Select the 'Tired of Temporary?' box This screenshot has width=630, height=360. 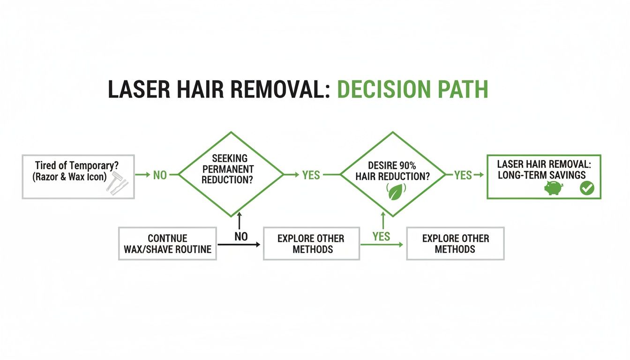78,176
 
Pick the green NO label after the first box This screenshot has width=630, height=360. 160,175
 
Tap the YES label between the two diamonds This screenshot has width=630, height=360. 311,175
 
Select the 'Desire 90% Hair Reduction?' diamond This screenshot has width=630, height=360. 392,174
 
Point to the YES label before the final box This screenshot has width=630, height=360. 463,175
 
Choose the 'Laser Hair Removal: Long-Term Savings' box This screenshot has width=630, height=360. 544,176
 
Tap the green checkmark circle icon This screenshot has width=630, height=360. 586,188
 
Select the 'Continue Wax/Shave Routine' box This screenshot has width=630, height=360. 168,244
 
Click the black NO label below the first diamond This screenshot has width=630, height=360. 241,237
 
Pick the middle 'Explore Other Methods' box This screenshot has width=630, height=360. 311,244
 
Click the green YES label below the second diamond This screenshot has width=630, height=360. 381,237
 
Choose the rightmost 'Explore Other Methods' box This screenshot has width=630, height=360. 455,244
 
